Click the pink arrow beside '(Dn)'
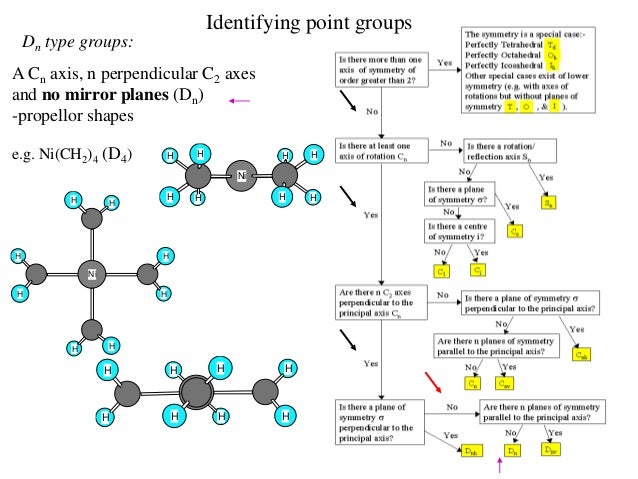click(238, 99)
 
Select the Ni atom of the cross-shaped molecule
click(91, 273)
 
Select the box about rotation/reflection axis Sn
click(509, 150)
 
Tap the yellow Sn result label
click(548, 201)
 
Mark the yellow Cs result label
click(516, 229)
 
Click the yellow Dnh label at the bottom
click(470, 451)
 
